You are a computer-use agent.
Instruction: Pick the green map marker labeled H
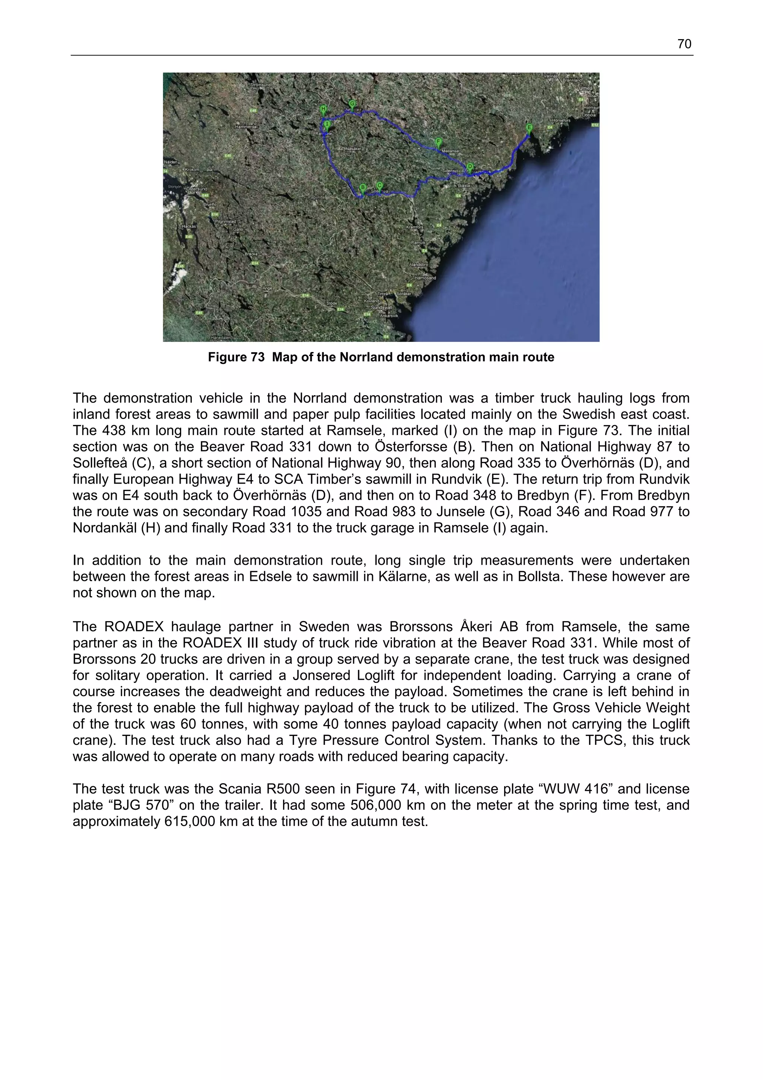[x=323, y=110]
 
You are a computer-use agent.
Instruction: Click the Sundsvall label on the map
[x=381, y=307]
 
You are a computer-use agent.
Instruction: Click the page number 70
[x=684, y=44]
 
